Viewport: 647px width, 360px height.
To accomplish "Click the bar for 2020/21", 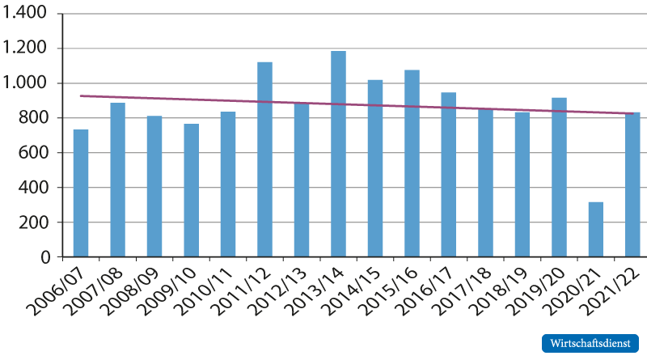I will click(x=596, y=230).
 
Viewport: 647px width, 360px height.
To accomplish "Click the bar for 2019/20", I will click(x=559, y=177).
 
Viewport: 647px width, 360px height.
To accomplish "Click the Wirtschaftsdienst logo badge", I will click(x=590, y=343).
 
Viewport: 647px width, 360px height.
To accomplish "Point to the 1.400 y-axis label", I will click(x=25, y=14).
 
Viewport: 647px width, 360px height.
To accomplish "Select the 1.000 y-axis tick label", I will click(x=25, y=83).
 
